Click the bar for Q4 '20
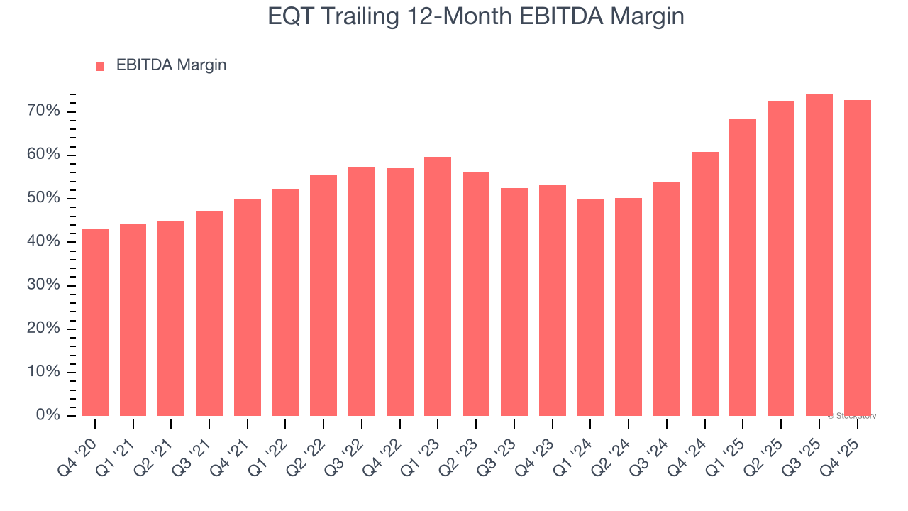click(95, 322)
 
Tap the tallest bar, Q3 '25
click(819, 255)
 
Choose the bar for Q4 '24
click(704, 284)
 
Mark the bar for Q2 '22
click(323, 295)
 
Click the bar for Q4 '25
click(857, 258)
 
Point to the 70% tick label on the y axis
click(44, 111)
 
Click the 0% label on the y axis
click(48, 415)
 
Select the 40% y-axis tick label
click(44, 242)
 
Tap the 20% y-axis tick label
click(44, 329)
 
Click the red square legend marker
click(100, 66)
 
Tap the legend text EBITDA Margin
click(171, 65)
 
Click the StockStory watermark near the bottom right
click(851, 416)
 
